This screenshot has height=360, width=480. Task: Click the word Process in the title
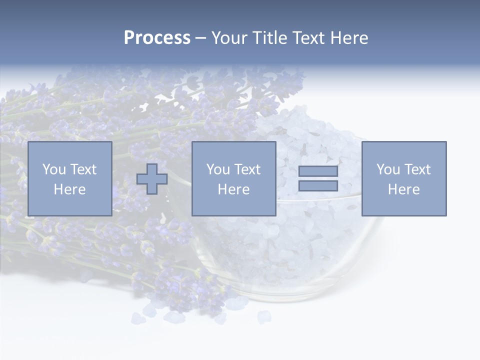[157, 38]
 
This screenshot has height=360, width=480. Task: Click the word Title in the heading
[269, 38]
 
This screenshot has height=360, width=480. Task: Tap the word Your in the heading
[230, 38]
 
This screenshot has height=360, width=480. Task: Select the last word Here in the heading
[349, 38]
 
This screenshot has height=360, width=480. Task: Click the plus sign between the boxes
[152, 179]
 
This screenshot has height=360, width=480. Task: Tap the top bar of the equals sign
[318, 171]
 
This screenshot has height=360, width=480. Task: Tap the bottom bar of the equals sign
[318, 186]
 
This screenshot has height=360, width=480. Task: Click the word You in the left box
[54, 169]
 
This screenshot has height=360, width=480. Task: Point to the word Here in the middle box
[233, 189]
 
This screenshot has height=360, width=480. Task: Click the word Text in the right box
[417, 169]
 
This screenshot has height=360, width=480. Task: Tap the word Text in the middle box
[247, 169]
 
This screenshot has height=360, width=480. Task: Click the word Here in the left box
[69, 189]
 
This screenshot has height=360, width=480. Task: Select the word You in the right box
[388, 169]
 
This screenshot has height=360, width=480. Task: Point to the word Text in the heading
[308, 38]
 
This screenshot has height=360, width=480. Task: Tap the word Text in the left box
[83, 169]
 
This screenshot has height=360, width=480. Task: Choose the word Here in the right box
[403, 189]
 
